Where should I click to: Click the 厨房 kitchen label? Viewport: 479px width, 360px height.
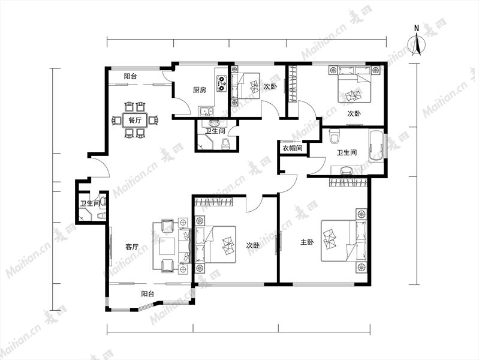pos(199,90)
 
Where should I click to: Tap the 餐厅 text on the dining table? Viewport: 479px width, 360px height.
pos(135,120)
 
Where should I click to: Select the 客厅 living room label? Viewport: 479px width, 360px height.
pos(132,247)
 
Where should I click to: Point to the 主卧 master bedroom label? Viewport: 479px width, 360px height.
pos(307,242)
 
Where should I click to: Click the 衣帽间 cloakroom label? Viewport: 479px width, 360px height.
pos(293,149)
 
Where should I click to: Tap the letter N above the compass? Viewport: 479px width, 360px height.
pos(417,28)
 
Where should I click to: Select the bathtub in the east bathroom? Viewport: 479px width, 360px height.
pos(376,146)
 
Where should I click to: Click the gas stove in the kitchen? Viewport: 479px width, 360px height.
pos(221,83)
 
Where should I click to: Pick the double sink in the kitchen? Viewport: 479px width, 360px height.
pos(206,112)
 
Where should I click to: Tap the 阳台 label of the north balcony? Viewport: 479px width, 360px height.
pos(130,76)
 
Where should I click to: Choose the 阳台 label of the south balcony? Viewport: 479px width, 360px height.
pos(147,294)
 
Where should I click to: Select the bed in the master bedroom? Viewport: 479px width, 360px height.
pos(344,241)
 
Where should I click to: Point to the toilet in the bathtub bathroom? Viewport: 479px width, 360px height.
pos(335,136)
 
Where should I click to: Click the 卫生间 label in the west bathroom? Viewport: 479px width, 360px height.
pos(90,204)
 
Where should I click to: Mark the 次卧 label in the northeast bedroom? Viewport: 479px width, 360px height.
pos(354,113)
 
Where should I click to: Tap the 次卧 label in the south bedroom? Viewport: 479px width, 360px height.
pos(253,245)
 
